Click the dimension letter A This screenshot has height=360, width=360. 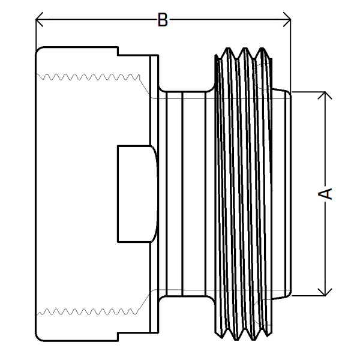(x=325, y=193)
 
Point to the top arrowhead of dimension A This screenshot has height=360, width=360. (x=325, y=95)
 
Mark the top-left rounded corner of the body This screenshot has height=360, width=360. (x=39, y=50)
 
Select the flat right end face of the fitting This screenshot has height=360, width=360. (x=291, y=193)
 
